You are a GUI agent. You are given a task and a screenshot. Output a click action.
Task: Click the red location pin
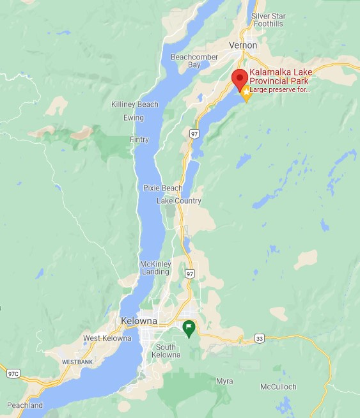(240, 79)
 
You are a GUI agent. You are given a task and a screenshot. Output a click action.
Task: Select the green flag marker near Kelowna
(189, 329)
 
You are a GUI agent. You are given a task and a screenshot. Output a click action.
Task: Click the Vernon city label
(243, 45)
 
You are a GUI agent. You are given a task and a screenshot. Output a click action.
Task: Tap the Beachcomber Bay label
(195, 61)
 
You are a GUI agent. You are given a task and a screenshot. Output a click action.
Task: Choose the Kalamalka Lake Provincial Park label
(279, 77)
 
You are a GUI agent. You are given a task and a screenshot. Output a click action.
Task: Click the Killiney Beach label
(135, 104)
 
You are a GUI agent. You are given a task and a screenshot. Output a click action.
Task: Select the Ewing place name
(134, 118)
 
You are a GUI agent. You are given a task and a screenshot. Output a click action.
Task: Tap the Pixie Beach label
(162, 188)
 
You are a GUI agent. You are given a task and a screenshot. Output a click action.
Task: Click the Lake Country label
(179, 201)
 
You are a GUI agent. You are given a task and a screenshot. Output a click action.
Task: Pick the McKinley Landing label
(155, 268)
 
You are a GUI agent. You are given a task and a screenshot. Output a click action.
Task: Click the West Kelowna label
(107, 338)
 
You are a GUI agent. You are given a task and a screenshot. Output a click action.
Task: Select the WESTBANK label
(77, 362)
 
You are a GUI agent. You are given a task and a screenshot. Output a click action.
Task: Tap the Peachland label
(25, 405)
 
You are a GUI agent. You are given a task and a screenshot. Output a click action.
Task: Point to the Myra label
(224, 381)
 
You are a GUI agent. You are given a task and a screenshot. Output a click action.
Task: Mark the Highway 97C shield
(13, 372)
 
